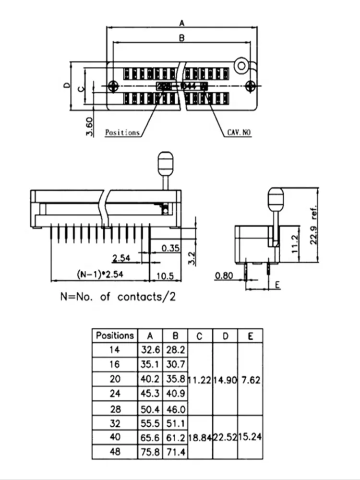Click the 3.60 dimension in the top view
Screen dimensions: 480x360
pos(89,126)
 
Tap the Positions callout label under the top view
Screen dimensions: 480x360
pos(122,132)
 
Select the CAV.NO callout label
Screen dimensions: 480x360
pos(239,132)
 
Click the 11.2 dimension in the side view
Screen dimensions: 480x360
pos(296,244)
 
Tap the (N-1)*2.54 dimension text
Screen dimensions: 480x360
pos(100,275)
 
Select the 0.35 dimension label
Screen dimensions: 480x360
pos(170,248)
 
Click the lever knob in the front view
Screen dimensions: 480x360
pos(165,163)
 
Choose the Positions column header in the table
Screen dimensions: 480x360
pos(115,336)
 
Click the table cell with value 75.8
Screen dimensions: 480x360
pos(150,452)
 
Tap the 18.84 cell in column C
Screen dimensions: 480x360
pos(200,438)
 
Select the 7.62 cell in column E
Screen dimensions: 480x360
pos(250,381)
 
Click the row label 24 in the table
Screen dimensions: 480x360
pos(115,394)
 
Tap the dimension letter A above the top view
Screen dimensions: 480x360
pos(182,22)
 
